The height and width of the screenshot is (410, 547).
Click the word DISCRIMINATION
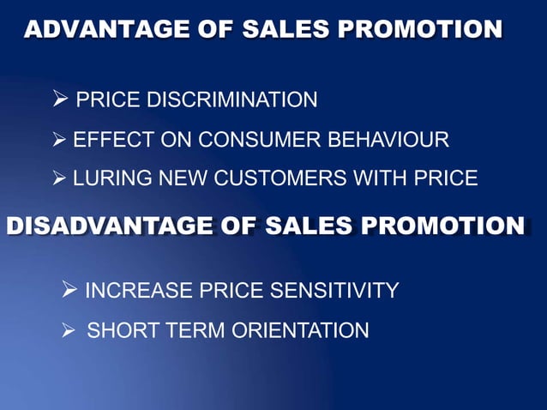232,100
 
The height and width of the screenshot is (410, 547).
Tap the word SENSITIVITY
334,291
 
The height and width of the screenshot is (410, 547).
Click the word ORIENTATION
299,329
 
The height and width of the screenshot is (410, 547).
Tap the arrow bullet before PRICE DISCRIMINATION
61,100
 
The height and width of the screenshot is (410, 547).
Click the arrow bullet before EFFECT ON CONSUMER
61,139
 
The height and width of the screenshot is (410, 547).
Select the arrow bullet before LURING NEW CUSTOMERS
61,178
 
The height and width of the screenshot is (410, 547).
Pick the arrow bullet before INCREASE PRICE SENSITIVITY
71,290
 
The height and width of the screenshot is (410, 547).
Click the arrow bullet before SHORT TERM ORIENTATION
71,329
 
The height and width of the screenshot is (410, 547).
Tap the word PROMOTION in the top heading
420,30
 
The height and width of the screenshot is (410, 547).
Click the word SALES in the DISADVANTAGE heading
309,226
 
